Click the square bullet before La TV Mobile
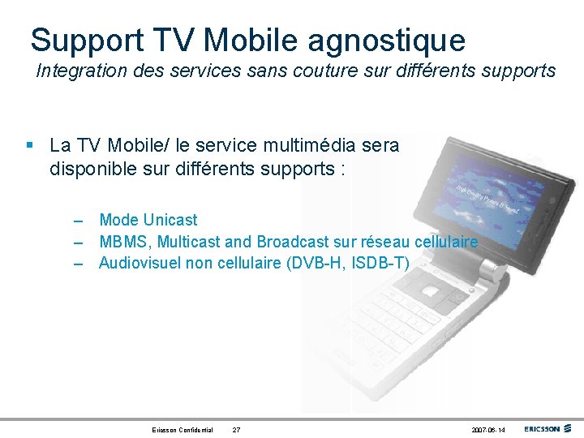[29, 146]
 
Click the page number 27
[236, 429]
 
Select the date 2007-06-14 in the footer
[487, 429]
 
